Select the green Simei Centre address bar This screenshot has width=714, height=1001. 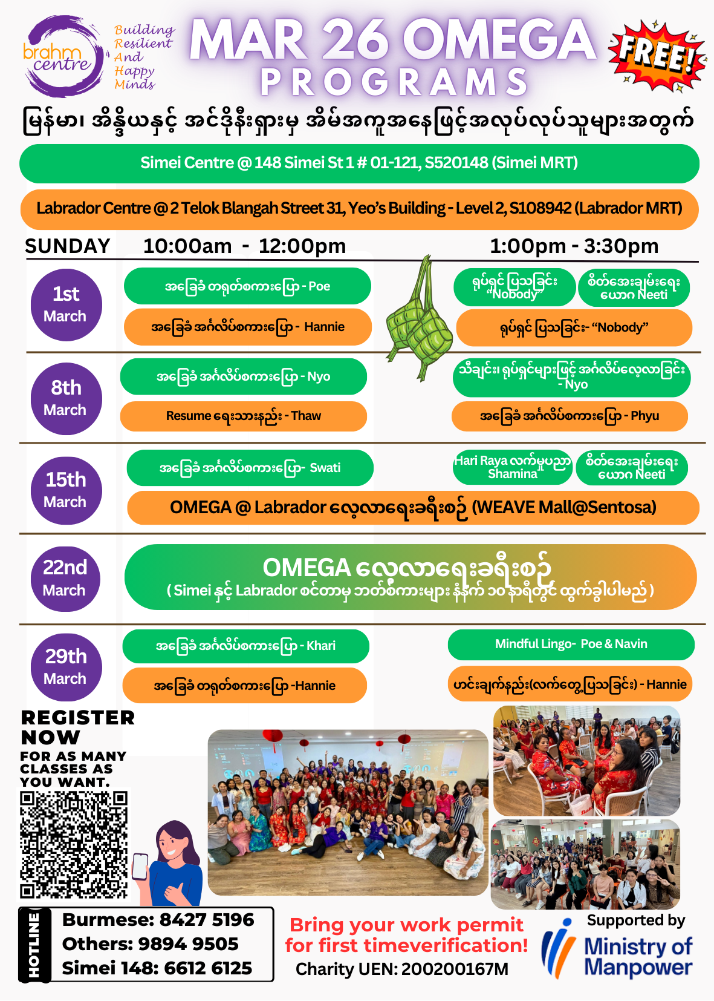[x=359, y=163]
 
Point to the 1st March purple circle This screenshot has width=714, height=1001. [x=66, y=304]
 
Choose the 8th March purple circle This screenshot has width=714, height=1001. [x=66, y=398]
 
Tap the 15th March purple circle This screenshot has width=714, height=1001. [x=66, y=490]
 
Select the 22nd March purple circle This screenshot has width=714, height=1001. [x=65, y=578]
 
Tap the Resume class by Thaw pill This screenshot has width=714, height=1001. [x=244, y=416]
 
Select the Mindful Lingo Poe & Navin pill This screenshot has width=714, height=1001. [x=571, y=645]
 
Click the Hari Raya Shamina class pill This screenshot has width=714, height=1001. [x=513, y=467]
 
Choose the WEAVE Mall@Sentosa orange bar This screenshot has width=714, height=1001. [x=413, y=507]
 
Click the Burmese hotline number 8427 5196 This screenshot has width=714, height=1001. [x=206, y=920]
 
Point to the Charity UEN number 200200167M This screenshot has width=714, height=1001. [x=455, y=970]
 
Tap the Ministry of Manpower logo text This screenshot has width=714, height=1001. [x=638, y=956]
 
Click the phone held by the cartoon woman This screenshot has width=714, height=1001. [x=140, y=866]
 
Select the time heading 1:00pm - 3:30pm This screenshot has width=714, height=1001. [x=574, y=246]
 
